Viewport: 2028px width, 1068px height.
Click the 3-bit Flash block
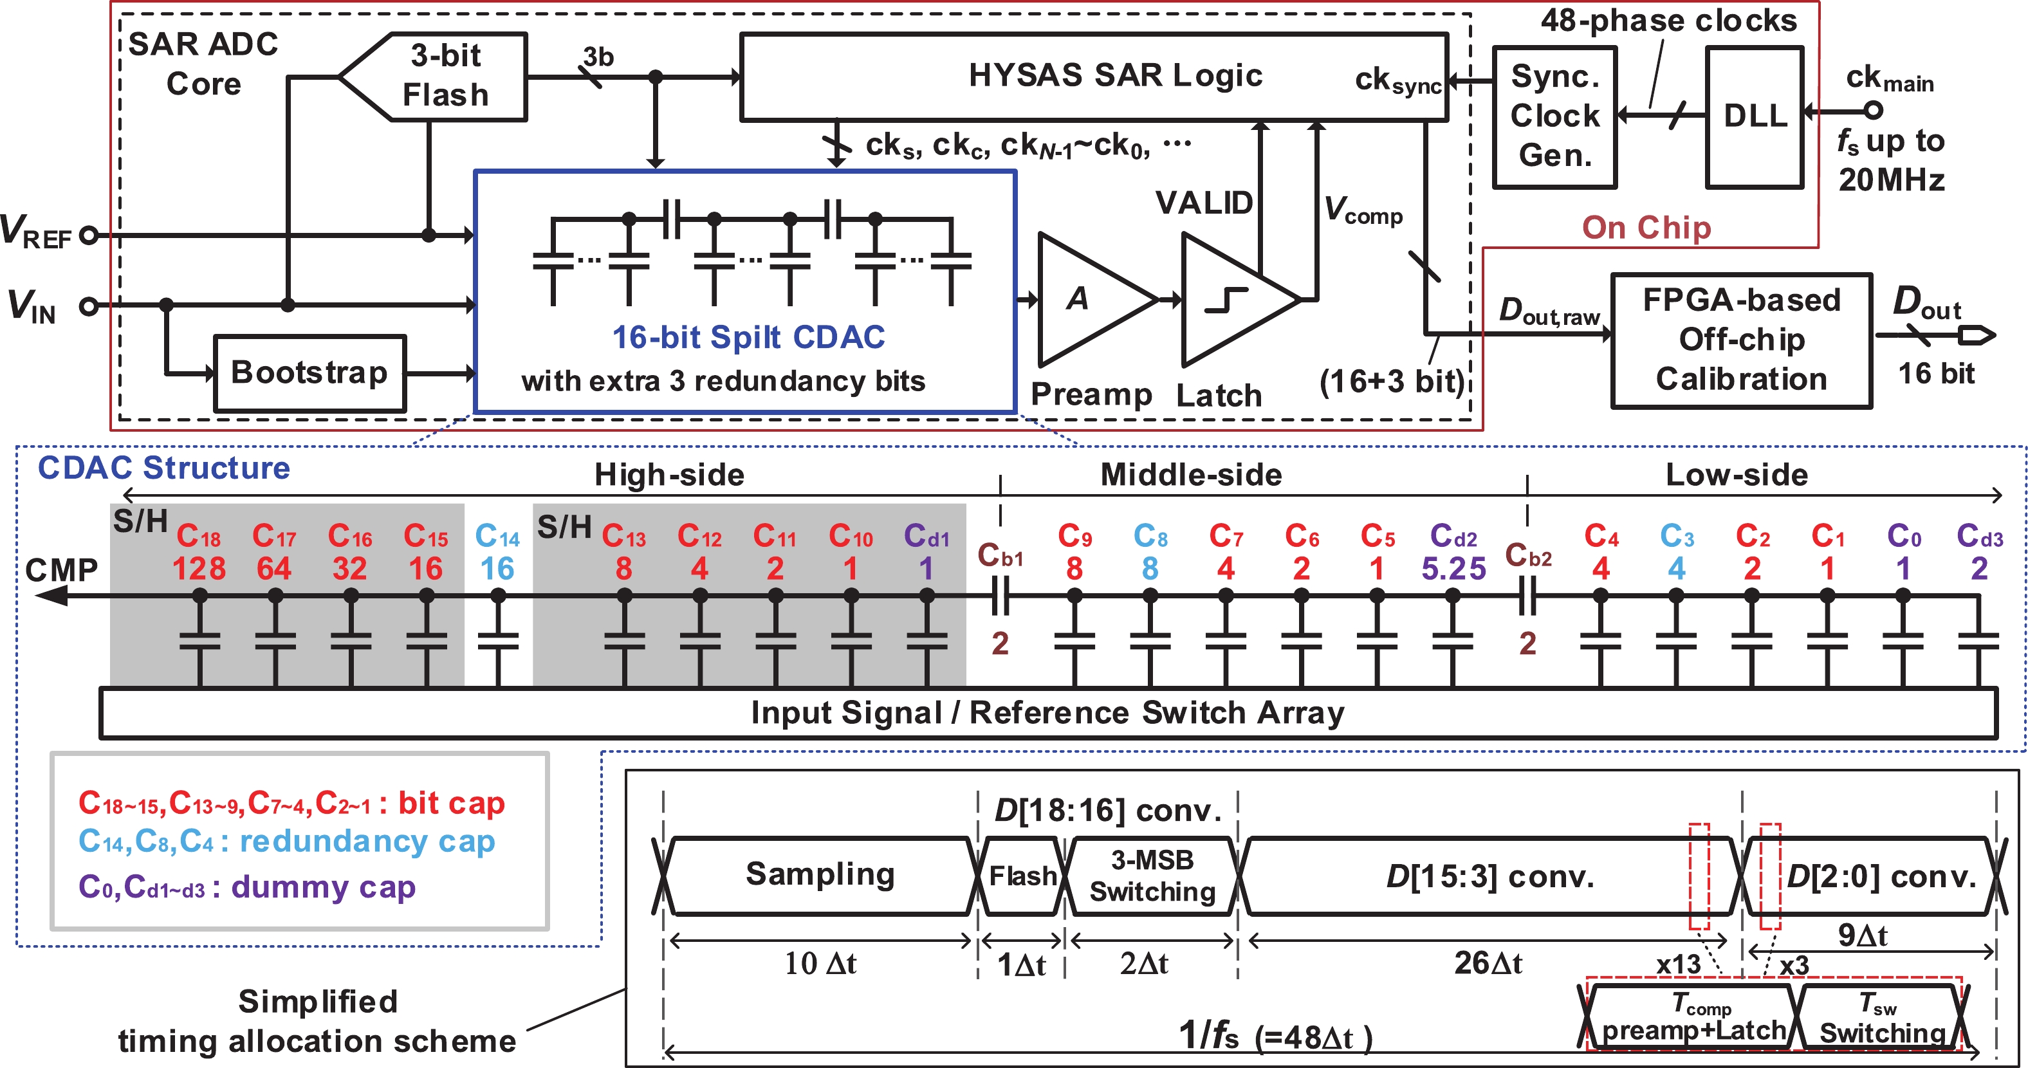point(445,77)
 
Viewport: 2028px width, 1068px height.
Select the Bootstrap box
point(309,373)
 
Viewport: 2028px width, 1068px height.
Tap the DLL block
point(1754,116)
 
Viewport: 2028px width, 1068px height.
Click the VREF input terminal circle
point(89,235)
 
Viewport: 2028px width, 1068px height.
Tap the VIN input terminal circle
point(89,306)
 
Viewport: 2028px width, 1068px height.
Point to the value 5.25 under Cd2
point(1453,568)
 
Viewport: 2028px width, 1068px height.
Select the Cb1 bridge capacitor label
point(1000,556)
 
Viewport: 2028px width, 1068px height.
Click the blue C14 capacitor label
point(497,538)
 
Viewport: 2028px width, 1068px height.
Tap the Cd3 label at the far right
point(1979,538)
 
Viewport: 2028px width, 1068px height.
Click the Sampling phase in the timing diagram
point(820,875)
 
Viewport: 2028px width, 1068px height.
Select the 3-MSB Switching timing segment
point(1152,876)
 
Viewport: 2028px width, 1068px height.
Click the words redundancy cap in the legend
point(367,842)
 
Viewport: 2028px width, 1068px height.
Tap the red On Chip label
point(1646,228)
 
